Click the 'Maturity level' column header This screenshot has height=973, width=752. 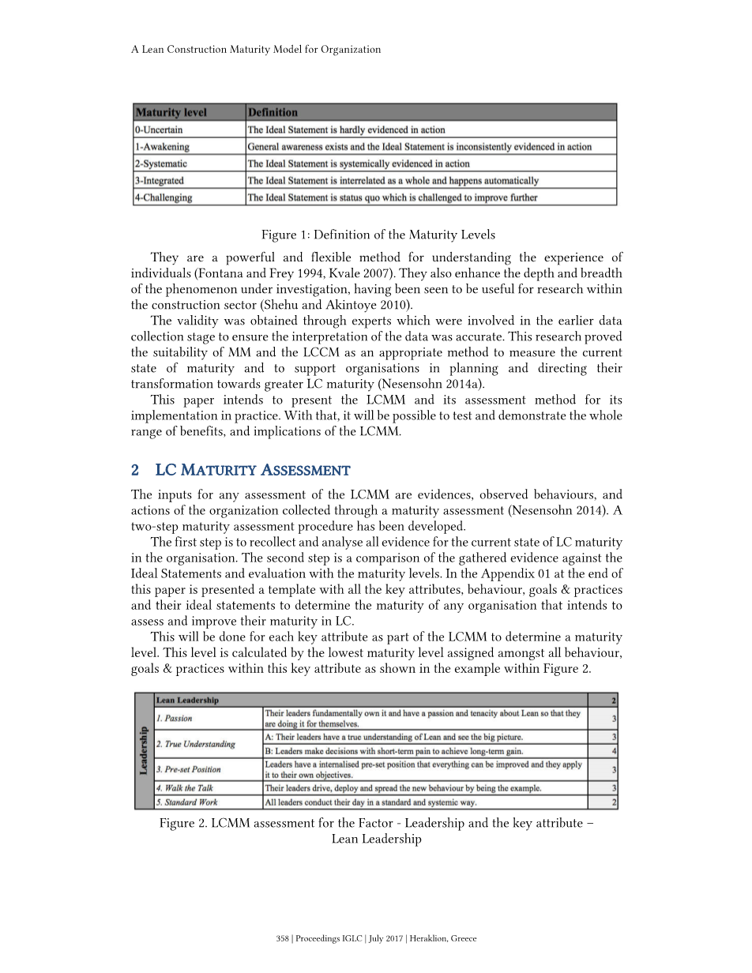point(171,113)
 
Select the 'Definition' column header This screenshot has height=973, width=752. point(273,113)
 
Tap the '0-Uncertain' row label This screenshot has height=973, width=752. point(160,130)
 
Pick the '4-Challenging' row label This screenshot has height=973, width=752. point(164,197)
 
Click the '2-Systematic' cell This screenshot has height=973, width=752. point(161,163)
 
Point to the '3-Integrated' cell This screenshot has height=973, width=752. point(160,181)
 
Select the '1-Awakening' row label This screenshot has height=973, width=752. point(162,147)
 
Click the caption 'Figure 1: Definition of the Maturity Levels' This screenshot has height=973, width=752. point(378,235)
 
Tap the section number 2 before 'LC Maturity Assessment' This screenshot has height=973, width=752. point(135,471)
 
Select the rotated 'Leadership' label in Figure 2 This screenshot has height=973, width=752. point(144,750)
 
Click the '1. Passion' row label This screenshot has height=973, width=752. point(174,719)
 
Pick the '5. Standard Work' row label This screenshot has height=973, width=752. point(186,802)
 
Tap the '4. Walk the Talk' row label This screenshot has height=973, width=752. point(184,788)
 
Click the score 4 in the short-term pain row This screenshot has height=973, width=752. point(614,751)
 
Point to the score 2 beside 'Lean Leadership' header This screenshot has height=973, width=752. point(614,700)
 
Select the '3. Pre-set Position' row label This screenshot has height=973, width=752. point(189,769)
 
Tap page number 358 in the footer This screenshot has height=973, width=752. point(283,939)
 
